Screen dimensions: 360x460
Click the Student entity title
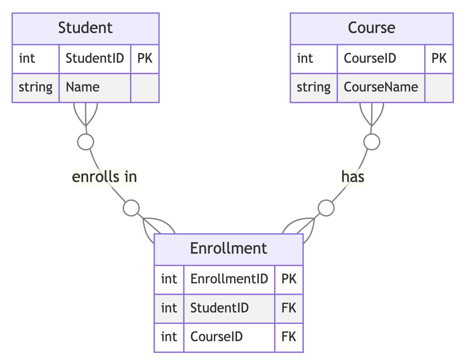(x=85, y=28)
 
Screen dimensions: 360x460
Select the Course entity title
(x=372, y=28)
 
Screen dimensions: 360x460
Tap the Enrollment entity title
(x=228, y=248)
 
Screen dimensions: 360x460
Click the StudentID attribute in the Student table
(x=95, y=58)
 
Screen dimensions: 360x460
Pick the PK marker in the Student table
(x=145, y=58)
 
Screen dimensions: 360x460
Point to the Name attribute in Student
(x=82, y=87)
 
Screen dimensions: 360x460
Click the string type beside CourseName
(x=313, y=87)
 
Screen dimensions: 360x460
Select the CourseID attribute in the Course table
(x=370, y=58)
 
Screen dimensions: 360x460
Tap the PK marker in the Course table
(x=439, y=58)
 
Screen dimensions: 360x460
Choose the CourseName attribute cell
(x=381, y=87)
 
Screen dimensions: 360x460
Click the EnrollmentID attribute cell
(x=229, y=279)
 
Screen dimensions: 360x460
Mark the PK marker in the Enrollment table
(x=289, y=279)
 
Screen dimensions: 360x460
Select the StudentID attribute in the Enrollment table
(x=219, y=308)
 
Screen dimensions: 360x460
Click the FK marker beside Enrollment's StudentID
(x=289, y=308)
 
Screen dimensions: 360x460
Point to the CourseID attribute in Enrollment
(x=216, y=337)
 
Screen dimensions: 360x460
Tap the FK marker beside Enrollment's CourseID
(x=289, y=337)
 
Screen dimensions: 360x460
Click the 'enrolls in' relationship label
(x=104, y=177)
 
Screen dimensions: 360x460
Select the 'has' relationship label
(x=353, y=177)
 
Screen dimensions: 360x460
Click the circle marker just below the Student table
(x=85, y=142)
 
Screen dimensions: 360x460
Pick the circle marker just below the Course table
(x=372, y=142)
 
